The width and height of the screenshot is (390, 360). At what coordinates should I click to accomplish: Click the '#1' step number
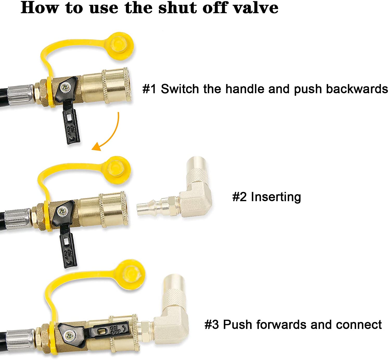[x=149, y=89]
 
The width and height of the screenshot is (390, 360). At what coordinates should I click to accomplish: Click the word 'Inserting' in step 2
[x=276, y=197]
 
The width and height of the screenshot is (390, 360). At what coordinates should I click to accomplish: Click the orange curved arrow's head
[x=97, y=147]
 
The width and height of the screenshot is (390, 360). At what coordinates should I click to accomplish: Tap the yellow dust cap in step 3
[x=131, y=275]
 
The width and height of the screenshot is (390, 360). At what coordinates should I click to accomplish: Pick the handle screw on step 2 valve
[x=63, y=211]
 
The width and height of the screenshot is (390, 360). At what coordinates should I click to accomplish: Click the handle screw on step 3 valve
[x=70, y=336]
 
